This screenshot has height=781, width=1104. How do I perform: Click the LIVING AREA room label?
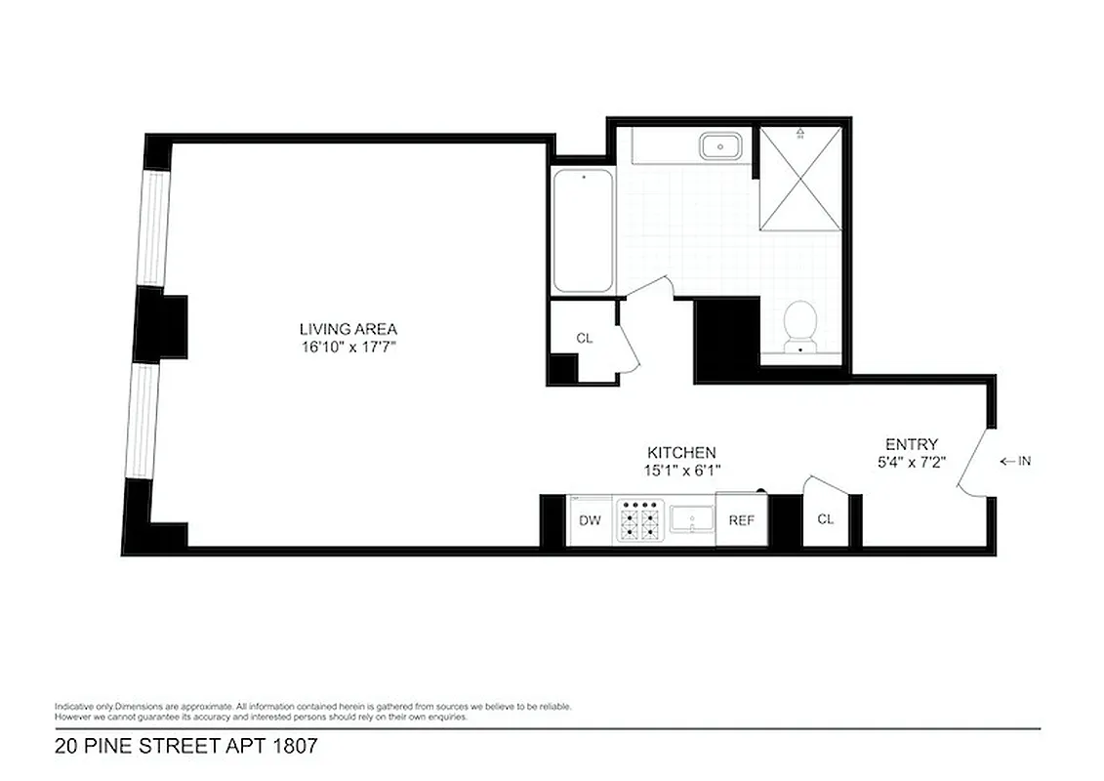348,329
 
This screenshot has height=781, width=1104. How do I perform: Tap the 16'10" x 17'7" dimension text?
348,347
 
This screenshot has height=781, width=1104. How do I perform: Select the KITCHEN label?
681,453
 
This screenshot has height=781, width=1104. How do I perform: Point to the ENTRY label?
911,444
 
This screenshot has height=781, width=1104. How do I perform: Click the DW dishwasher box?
590,520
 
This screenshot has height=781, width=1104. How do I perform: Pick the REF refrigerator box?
742,520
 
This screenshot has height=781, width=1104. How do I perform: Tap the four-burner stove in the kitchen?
639,521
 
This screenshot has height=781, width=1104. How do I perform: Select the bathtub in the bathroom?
583,231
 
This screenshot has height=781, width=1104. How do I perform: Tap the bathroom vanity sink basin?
720,147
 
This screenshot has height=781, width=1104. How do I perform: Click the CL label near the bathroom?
584,338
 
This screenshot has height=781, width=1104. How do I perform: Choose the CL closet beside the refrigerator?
825,519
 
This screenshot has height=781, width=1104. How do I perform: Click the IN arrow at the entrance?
1015,462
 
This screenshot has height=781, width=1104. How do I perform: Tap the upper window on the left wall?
152,228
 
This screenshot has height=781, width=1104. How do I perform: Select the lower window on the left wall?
143,421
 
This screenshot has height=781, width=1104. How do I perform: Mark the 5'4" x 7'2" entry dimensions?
911,462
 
